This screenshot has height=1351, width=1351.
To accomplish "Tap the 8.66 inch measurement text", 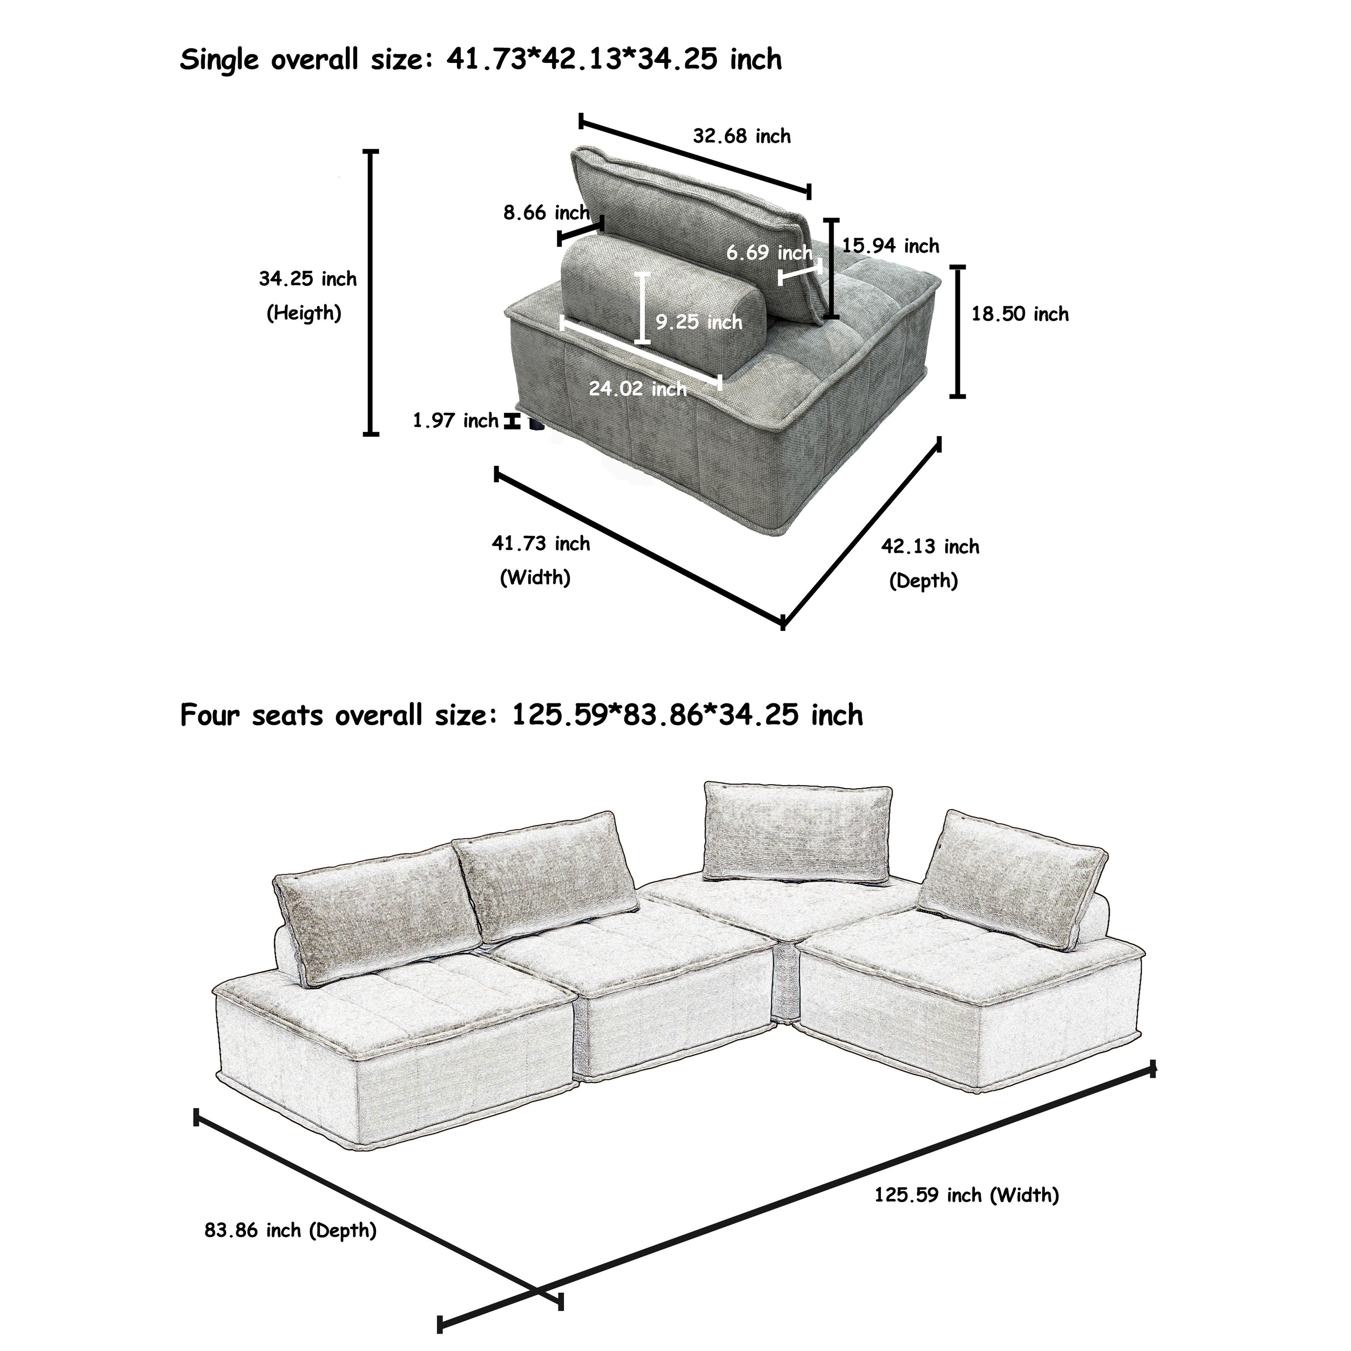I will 546,213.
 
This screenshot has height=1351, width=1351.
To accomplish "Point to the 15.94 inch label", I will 890,246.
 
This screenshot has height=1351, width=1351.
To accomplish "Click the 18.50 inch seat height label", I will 1019,314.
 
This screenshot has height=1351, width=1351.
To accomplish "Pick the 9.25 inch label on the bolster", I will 699,322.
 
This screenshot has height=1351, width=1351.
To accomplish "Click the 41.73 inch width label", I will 540,543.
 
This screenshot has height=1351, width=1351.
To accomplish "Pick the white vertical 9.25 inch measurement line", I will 642,308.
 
